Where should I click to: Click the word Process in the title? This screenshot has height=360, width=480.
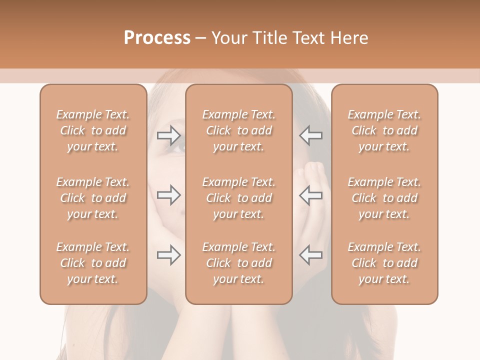pos(157,38)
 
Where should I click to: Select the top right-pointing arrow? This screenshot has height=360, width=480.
pos(169,135)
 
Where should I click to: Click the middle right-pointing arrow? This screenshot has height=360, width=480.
pos(169,195)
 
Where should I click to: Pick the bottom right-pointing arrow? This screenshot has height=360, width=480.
pos(169,255)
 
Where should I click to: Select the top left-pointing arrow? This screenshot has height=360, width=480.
pos(311,135)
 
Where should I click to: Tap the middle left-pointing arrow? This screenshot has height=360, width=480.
pos(311,195)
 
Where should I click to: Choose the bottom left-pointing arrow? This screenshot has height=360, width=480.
pos(311,255)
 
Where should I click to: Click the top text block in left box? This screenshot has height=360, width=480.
pos(93,130)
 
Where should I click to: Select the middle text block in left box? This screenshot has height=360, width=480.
pos(93,198)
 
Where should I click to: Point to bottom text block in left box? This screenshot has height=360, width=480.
pos(93,263)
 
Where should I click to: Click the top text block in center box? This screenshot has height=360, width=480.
pos(239,130)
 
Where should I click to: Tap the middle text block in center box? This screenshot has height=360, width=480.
pos(239,198)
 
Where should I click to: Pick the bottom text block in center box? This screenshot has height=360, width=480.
pos(239,263)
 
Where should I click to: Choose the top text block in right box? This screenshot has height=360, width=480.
pos(384,130)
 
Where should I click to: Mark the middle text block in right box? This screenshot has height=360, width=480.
pos(384,198)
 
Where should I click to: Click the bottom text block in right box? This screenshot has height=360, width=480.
pos(384,263)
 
